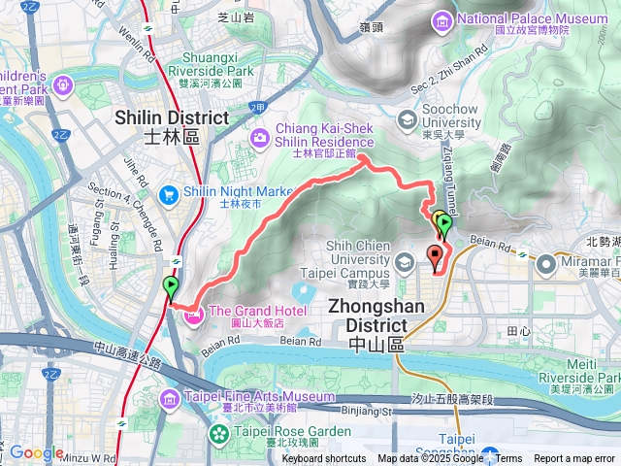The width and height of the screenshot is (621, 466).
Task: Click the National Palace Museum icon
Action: coord(442,19)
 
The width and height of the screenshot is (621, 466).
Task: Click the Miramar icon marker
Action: coord(546,263)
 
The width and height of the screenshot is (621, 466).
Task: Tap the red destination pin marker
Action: coord(435,257)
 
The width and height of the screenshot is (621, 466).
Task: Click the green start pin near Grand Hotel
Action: coord(172,286)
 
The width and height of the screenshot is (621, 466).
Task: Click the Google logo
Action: coord(36,452)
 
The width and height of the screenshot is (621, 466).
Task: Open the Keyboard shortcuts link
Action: coord(324,459)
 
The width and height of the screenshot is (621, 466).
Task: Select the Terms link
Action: coord(508,459)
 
